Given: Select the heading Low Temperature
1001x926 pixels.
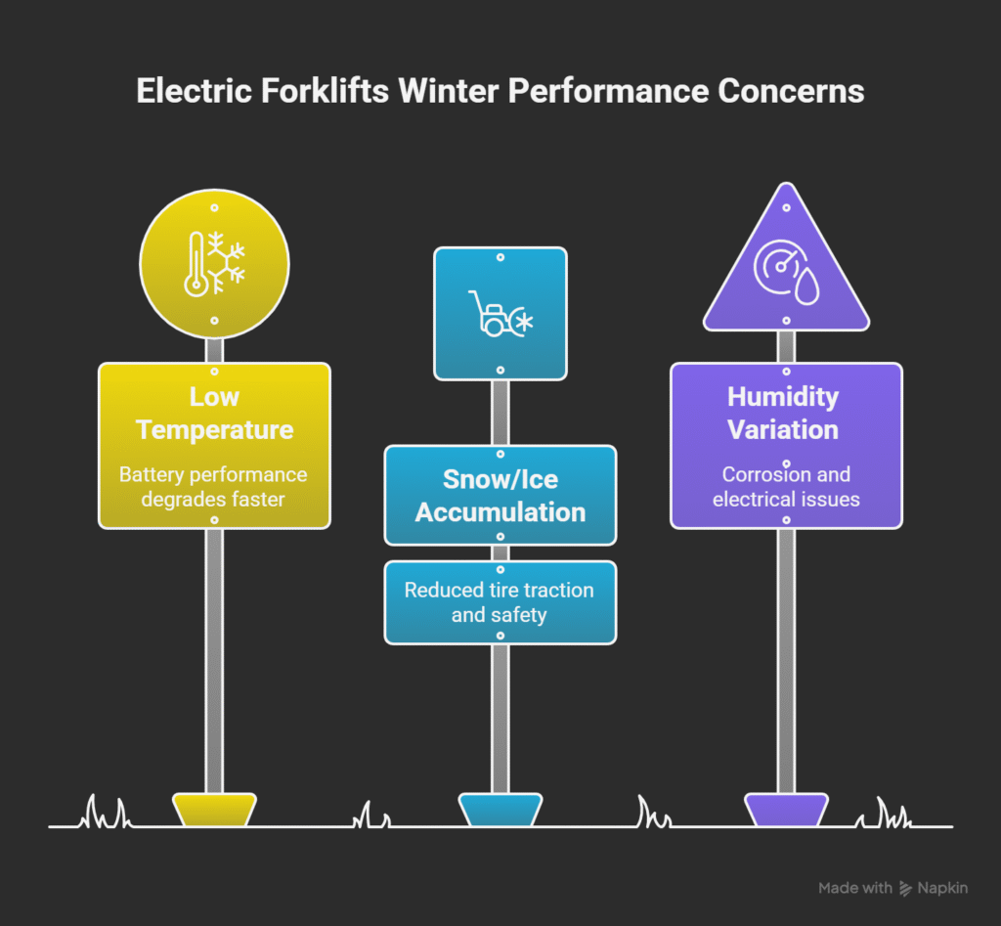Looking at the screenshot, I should point(214,414).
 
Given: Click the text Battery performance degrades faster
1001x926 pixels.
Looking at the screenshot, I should point(213,487).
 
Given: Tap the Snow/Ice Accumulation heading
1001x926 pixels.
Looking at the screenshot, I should point(500,496).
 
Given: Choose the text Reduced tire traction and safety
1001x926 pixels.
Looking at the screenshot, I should point(500,602).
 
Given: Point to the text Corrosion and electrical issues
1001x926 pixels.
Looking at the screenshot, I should point(786,486).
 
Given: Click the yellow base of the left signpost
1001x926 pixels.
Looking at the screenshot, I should point(214,811).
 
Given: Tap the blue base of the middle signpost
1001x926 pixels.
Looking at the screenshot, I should point(500,811).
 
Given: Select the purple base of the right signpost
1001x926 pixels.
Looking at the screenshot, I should point(786,811).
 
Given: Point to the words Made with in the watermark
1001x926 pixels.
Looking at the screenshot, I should point(855,889).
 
